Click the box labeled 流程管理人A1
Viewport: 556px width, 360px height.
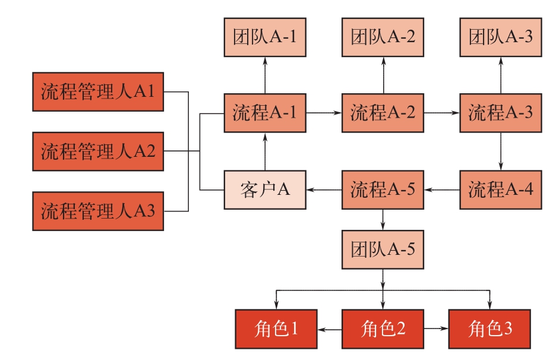coord(98,92)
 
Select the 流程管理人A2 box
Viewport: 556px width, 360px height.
coord(98,151)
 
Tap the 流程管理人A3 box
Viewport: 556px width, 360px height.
coord(98,211)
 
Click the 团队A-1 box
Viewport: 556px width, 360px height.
coord(265,37)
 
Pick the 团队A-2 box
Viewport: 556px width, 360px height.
coord(383,37)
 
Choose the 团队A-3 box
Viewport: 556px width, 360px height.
coord(501,37)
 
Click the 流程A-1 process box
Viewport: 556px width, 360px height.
coord(265,112)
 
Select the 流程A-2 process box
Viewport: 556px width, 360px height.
coord(383,112)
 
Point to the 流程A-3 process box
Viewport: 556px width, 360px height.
coord(501,112)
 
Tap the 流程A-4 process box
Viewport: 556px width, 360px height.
coord(501,190)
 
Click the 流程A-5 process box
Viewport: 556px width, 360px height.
coord(383,190)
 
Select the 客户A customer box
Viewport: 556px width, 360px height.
coord(265,190)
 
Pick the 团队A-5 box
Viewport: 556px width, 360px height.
coord(383,248)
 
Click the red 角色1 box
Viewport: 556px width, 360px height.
coord(276,329)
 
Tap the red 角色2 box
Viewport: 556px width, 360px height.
coord(383,329)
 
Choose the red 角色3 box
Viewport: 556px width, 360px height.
coord(489,329)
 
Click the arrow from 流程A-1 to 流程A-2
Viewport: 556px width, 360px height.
coord(324,112)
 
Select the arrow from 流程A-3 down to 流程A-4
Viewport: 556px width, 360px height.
coord(501,151)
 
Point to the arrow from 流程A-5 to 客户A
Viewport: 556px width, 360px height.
coord(324,190)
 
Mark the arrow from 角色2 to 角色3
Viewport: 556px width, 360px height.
coord(436,329)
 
